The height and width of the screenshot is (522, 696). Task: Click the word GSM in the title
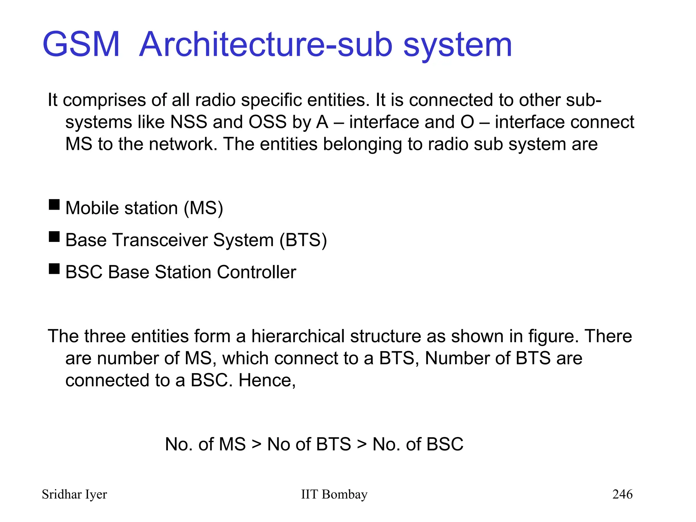[x=81, y=45]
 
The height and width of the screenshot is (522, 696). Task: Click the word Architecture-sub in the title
[x=266, y=45]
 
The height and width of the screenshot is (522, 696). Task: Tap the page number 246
[x=622, y=494]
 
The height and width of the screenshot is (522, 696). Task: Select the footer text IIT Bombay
[x=334, y=494]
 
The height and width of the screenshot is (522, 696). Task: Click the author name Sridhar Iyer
[x=74, y=494]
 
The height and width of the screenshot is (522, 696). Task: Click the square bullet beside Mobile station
[x=54, y=205]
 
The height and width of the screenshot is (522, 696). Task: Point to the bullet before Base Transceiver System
[x=54, y=237]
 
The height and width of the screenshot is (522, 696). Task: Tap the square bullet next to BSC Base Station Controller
[x=54, y=269]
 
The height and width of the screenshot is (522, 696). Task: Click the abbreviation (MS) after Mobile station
[x=203, y=208]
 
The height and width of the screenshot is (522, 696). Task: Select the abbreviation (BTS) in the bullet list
[x=303, y=240]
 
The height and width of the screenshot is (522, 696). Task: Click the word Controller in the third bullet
[x=257, y=272]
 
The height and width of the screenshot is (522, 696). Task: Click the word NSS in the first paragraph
[x=189, y=122]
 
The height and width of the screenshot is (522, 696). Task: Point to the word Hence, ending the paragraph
[x=267, y=380]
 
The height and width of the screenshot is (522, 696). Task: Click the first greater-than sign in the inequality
[x=257, y=444]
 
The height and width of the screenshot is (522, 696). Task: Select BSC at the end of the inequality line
[x=445, y=444]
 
